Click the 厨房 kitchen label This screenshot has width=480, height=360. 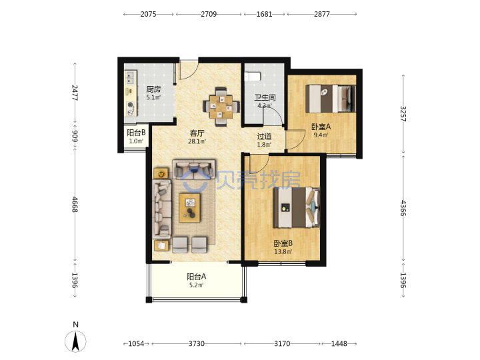[153, 89]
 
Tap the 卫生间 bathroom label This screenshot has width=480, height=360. [265, 97]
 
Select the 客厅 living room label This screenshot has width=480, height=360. [197, 133]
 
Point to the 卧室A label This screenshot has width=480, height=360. [321, 127]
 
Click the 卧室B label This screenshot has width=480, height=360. [283, 243]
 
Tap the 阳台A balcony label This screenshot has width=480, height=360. [196, 277]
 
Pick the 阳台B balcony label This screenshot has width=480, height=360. [136, 133]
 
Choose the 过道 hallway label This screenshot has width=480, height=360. [264, 136]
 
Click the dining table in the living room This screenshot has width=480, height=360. [221, 107]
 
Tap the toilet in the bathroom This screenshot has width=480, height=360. [253, 76]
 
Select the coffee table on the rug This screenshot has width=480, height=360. [190, 208]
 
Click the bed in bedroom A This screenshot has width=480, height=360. [331, 99]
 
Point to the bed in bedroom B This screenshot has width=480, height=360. [296, 207]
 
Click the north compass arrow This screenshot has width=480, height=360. [75, 341]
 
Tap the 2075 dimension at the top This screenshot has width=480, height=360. [148, 14]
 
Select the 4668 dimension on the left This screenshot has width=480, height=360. [75, 205]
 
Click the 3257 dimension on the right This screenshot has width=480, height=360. [403, 114]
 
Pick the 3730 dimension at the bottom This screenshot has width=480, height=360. [196, 344]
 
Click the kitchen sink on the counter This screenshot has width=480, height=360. [131, 78]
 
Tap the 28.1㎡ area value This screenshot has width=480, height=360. [197, 141]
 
